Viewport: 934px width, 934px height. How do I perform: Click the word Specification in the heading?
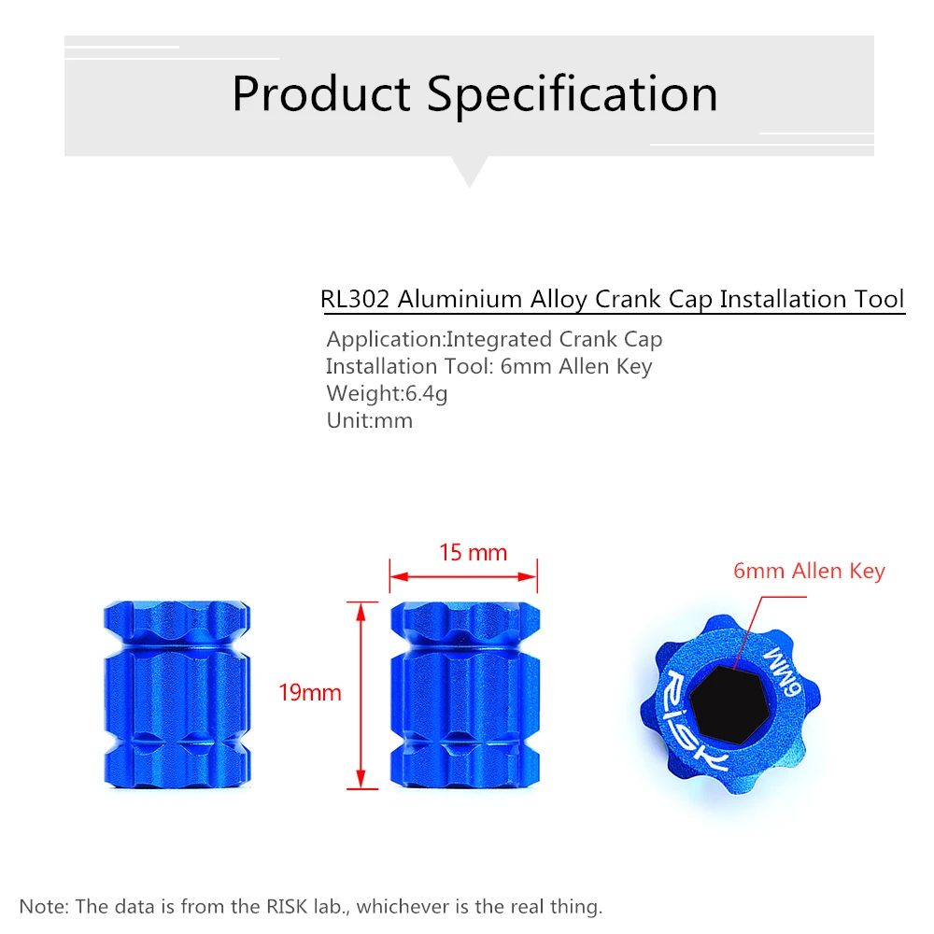tap(573, 95)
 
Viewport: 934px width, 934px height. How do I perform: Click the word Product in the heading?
tap(321, 95)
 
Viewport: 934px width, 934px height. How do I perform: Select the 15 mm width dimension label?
tap(473, 553)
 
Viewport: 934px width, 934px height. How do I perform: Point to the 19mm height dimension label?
tap(310, 693)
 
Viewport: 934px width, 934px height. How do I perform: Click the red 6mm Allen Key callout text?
tap(809, 571)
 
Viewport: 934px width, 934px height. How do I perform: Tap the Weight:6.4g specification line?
tap(387, 393)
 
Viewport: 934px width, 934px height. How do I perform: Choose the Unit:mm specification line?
tap(369, 420)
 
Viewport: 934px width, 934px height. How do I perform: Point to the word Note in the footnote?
tap(42, 906)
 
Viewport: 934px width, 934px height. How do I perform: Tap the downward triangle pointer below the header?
tap(469, 172)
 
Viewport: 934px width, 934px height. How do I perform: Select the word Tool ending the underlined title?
tap(879, 299)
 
